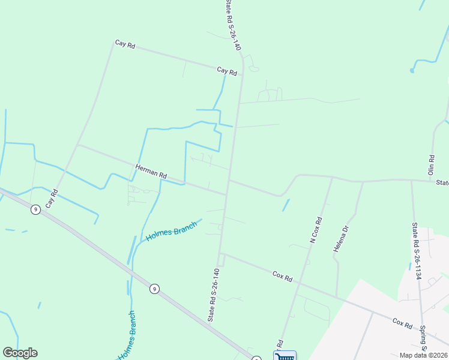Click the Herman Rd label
[x=151, y=172]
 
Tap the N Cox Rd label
[x=316, y=230]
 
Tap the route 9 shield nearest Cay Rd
[x=36, y=209]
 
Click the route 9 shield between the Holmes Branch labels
[x=154, y=289]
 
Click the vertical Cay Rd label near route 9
[x=52, y=199]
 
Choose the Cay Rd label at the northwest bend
[x=125, y=44]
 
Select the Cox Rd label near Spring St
[x=402, y=323]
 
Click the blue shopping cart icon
[x=285, y=356]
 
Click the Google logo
[x=20, y=353]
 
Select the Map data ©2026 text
[x=423, y=355]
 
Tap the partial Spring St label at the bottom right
[x=423, y=340]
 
